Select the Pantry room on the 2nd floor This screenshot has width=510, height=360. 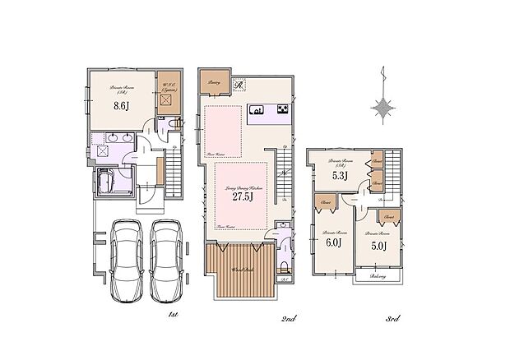click(x=212, y=81)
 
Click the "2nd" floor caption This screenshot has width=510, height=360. click(x=289, y=317)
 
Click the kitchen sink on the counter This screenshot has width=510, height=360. click(x=257, y=109)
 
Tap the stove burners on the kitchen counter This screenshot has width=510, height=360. click(x=282, y=109)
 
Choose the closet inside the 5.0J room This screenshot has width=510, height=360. click(x=387, y=216)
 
